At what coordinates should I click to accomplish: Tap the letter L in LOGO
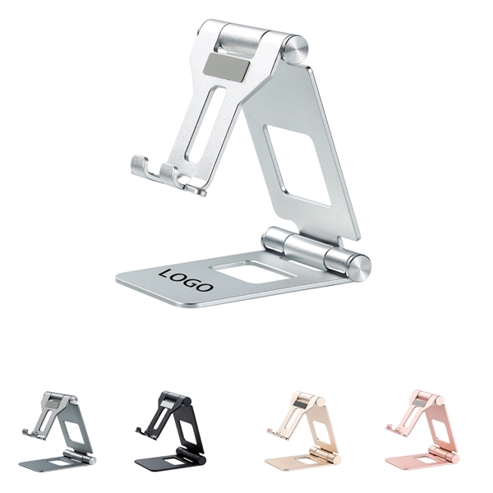click(x=168, y=274)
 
